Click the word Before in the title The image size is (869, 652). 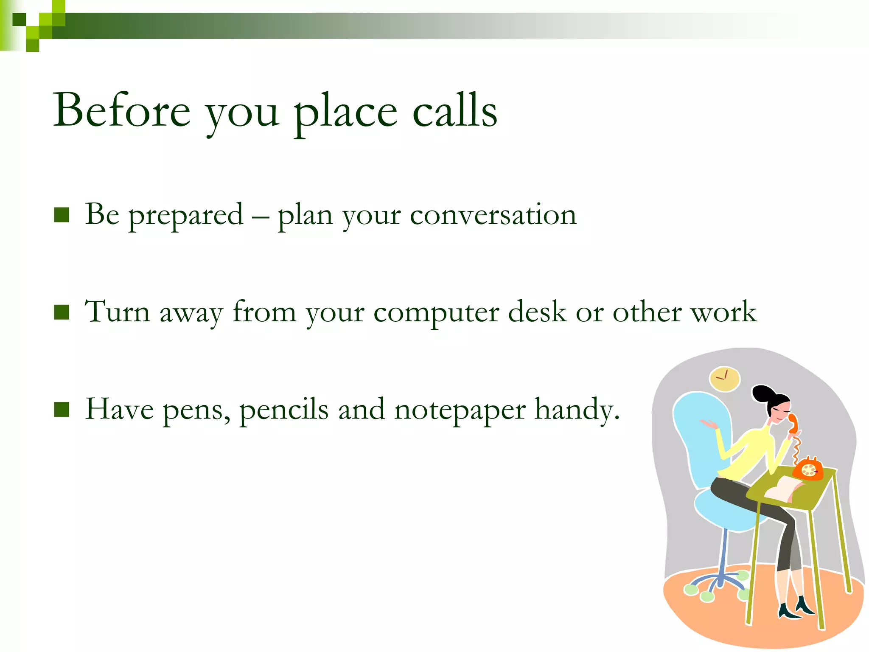(122, 110)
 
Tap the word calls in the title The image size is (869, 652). (454, 110)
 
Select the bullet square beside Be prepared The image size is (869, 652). (62, 215)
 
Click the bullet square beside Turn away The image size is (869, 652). (62, 312)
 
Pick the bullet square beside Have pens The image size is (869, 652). (62, 410)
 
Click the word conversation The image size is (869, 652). (493, 215)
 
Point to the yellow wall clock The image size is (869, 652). (724, 379)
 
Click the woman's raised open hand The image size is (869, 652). (708, 423)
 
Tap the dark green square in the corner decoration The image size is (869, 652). (19, 20)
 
